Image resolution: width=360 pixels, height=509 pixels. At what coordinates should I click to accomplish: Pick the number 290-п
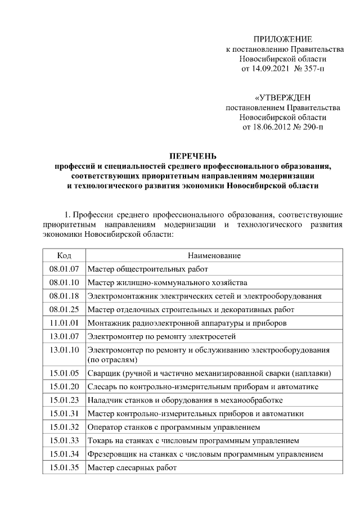[312, 127]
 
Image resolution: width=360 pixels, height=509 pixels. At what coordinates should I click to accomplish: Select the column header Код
[64, 255]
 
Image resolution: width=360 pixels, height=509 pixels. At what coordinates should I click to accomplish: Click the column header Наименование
[214, 255]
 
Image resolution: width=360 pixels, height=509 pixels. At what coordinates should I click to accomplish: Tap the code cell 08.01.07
[64, 269]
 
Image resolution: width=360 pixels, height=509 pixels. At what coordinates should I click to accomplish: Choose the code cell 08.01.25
[64, 309]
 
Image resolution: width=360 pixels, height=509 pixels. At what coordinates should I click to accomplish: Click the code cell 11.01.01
[64, 323]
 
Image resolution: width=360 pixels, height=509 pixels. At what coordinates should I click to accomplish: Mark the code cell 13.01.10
[64, 350]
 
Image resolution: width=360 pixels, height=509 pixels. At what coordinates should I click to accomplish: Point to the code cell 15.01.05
[64, 373]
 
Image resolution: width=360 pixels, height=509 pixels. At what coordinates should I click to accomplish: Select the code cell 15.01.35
[64, 467]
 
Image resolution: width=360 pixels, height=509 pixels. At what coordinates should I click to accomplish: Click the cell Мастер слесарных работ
[132, 467]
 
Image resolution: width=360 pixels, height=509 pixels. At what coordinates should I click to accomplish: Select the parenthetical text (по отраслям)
[112, 359]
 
